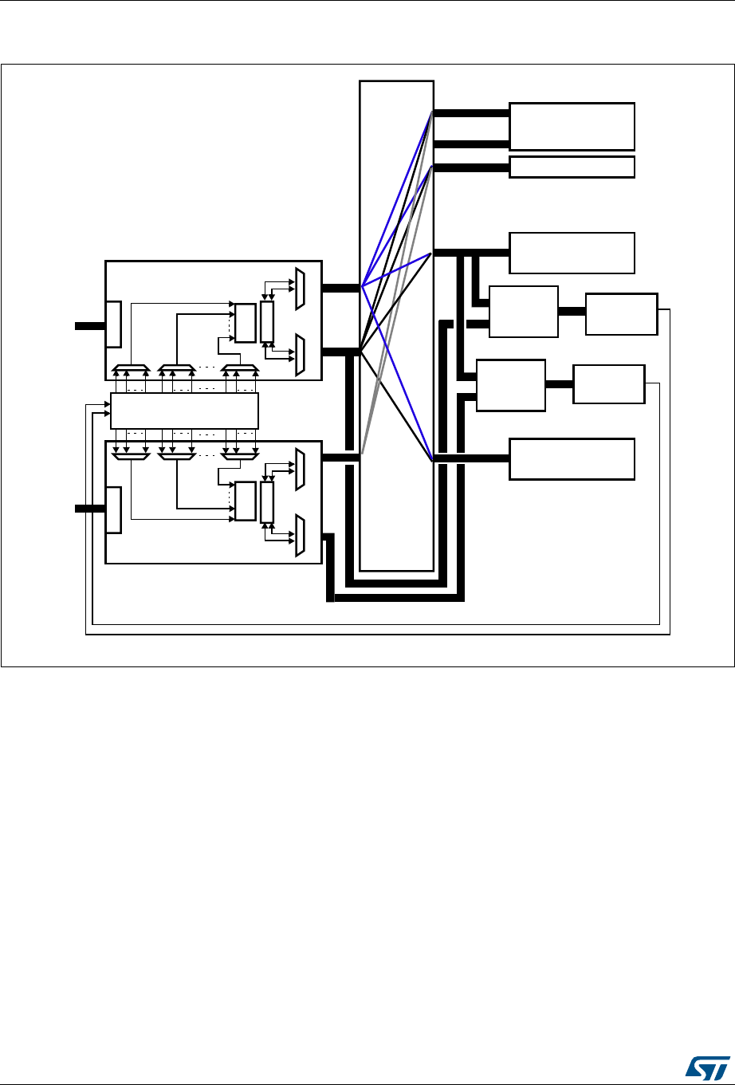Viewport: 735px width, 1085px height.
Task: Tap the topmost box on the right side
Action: pos(572,126)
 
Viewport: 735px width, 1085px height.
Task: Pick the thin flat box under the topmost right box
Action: pos(572,167)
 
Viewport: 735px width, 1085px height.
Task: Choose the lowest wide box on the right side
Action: pos(572,458)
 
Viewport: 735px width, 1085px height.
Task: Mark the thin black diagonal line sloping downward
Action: pos(396,406)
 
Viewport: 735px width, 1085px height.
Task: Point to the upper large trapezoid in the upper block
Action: pos(299,289)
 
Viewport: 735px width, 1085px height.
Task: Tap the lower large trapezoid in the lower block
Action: pos(299,535)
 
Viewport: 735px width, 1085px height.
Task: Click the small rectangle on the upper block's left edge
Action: pos(113,324)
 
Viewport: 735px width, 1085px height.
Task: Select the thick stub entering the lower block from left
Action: pos(90,509)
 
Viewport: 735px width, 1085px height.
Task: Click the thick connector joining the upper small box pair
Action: pos(572,311)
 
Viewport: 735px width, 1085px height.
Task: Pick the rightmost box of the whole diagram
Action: pos(621,313)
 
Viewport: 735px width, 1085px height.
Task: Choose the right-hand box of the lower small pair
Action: pos(608,384)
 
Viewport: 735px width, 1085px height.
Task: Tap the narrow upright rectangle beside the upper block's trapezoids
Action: pos(267,322)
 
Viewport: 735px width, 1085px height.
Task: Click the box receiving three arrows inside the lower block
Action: pos(245,501)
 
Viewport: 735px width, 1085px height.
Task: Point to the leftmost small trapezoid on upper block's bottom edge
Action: pos(131,370)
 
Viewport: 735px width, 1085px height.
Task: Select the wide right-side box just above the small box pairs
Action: pos(572,253)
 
